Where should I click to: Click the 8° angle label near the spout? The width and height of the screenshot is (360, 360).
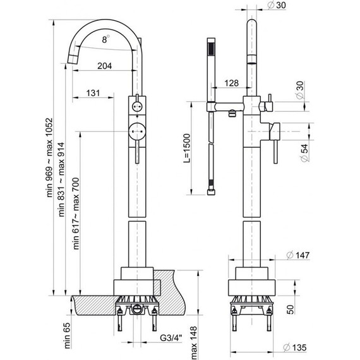104,39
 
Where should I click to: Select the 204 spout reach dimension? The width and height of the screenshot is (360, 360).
105,66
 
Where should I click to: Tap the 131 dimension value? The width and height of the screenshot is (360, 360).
92,93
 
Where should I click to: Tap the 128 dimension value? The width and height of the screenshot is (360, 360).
231,83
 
